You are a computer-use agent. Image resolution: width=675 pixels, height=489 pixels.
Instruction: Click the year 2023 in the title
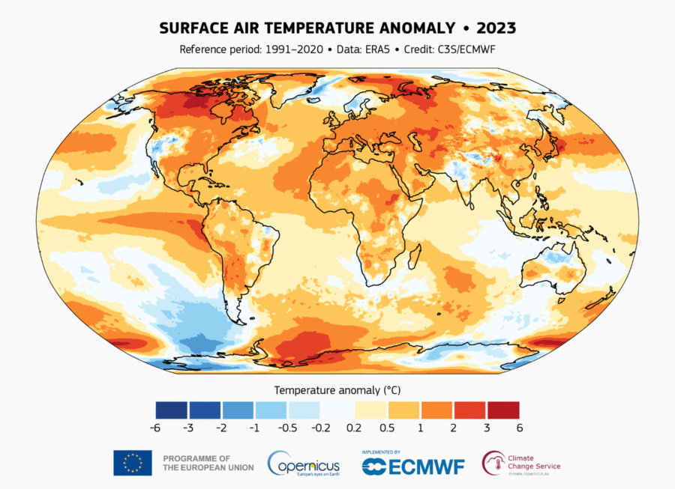pyautogui.click(x=495, y=28)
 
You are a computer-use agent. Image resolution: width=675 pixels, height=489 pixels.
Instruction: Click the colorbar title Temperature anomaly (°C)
pyautogui.click(x=337, y=390)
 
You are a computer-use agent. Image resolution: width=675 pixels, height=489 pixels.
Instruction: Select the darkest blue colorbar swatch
pyautogui.click(x=172, y=410)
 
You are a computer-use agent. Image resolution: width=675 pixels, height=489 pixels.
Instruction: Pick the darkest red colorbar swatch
pyautogui.click(x=502, y=410)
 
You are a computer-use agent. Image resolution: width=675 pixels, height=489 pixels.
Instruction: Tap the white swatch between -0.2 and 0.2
pyautogui.click(x=337, y=410)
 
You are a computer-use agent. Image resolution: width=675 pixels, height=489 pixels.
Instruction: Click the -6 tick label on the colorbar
pyautogui.click(x=155, y=428)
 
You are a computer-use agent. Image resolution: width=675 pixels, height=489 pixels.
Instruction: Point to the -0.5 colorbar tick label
pyautogui.click(x=287, y=428)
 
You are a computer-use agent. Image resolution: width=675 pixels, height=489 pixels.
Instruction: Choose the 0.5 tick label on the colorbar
pyautogui.click(x=386, y=428)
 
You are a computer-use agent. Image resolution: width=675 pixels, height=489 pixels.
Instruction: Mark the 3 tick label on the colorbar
pyautogui.click(x=486, y=428)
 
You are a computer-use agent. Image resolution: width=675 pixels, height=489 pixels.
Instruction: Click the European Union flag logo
pyautogui.click(x=133, y=463)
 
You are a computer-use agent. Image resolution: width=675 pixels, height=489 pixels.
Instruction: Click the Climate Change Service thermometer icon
pyautogui.click(x=493, y=462)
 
